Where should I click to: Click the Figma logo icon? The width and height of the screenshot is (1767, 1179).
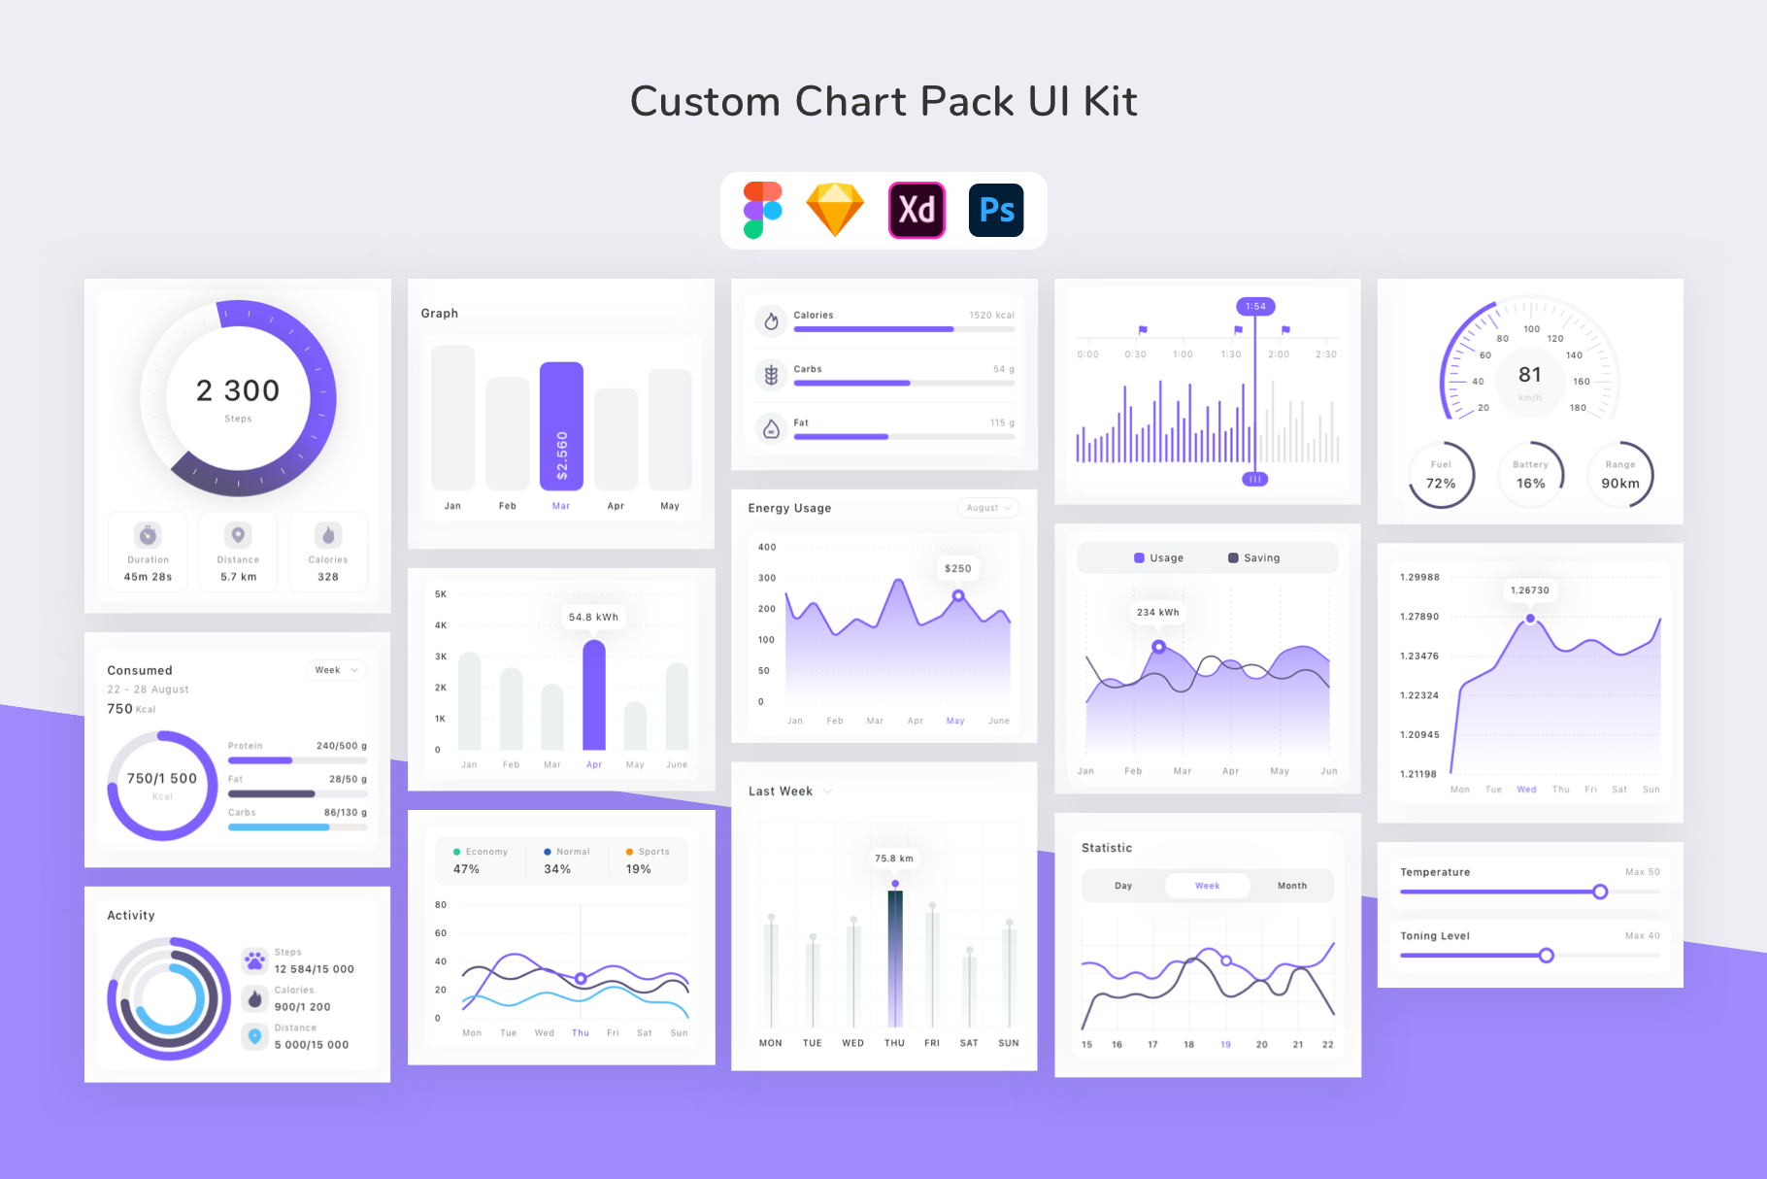(763, 210)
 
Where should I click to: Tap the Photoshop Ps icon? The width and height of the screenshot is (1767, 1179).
(996, 210)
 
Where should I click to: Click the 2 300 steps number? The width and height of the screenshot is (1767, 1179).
(238, 390)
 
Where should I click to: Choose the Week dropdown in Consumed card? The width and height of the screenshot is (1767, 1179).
(336, 670)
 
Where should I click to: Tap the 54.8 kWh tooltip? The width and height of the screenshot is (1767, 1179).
(593, 617)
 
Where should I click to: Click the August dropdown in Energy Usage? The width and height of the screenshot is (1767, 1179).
(987, 508)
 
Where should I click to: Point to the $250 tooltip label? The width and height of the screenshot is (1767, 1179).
(958, 568)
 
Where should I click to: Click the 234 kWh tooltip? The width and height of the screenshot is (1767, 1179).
(1158, 612)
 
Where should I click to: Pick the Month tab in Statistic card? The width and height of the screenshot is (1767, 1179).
(1291, 886)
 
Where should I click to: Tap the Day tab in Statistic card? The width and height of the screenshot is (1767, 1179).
(1123, 886)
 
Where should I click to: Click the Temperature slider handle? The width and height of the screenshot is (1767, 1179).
(1600, 892)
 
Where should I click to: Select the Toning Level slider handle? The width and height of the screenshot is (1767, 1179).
(1546, 956)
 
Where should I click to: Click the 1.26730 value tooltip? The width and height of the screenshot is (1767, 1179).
(1530, 590)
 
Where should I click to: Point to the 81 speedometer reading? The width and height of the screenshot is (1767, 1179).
(1530, 375)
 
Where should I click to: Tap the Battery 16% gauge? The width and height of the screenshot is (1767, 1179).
(1531, 475)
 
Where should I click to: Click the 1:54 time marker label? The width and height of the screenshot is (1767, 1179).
(1255, 306)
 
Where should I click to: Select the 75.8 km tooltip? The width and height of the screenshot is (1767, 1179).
(894, 859)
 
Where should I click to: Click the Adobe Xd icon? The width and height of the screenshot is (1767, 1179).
(917, 210)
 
